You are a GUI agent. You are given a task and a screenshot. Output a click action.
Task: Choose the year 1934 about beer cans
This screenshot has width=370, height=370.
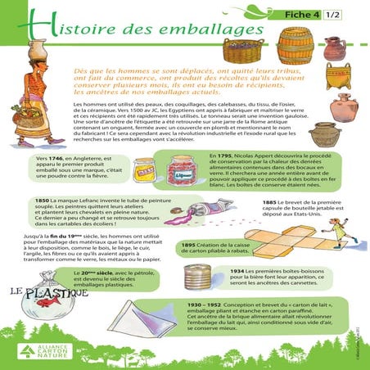coord(237,271)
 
